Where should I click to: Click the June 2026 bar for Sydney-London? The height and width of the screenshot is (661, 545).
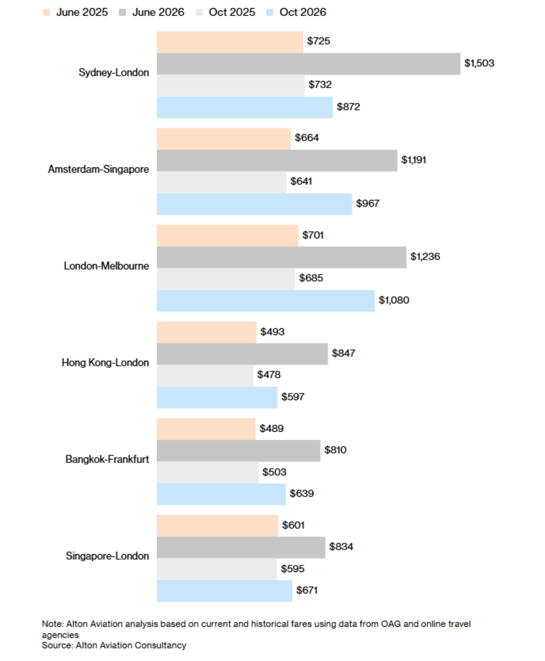308,64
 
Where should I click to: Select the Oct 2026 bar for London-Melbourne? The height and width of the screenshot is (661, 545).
266,301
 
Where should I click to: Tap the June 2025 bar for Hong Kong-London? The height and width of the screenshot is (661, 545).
206,332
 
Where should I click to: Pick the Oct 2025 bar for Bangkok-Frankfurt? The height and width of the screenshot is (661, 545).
208,473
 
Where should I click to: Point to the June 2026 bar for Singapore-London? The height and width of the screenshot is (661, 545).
241,547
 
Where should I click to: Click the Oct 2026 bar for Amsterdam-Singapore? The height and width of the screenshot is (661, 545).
254,204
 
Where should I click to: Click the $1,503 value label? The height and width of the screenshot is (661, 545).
479,63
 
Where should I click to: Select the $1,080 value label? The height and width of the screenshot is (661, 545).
394,300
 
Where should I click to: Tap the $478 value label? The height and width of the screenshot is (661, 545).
269,375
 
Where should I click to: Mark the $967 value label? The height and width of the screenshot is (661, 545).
368,204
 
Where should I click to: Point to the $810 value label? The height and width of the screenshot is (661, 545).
337,450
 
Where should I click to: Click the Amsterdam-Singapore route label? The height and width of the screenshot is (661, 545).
99,170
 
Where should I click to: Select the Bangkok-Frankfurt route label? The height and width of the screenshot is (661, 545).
107,459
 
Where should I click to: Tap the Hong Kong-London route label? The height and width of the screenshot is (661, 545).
105,363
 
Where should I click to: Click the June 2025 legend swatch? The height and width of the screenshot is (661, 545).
47,12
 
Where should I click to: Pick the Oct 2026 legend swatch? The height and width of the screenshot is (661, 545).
270,12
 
